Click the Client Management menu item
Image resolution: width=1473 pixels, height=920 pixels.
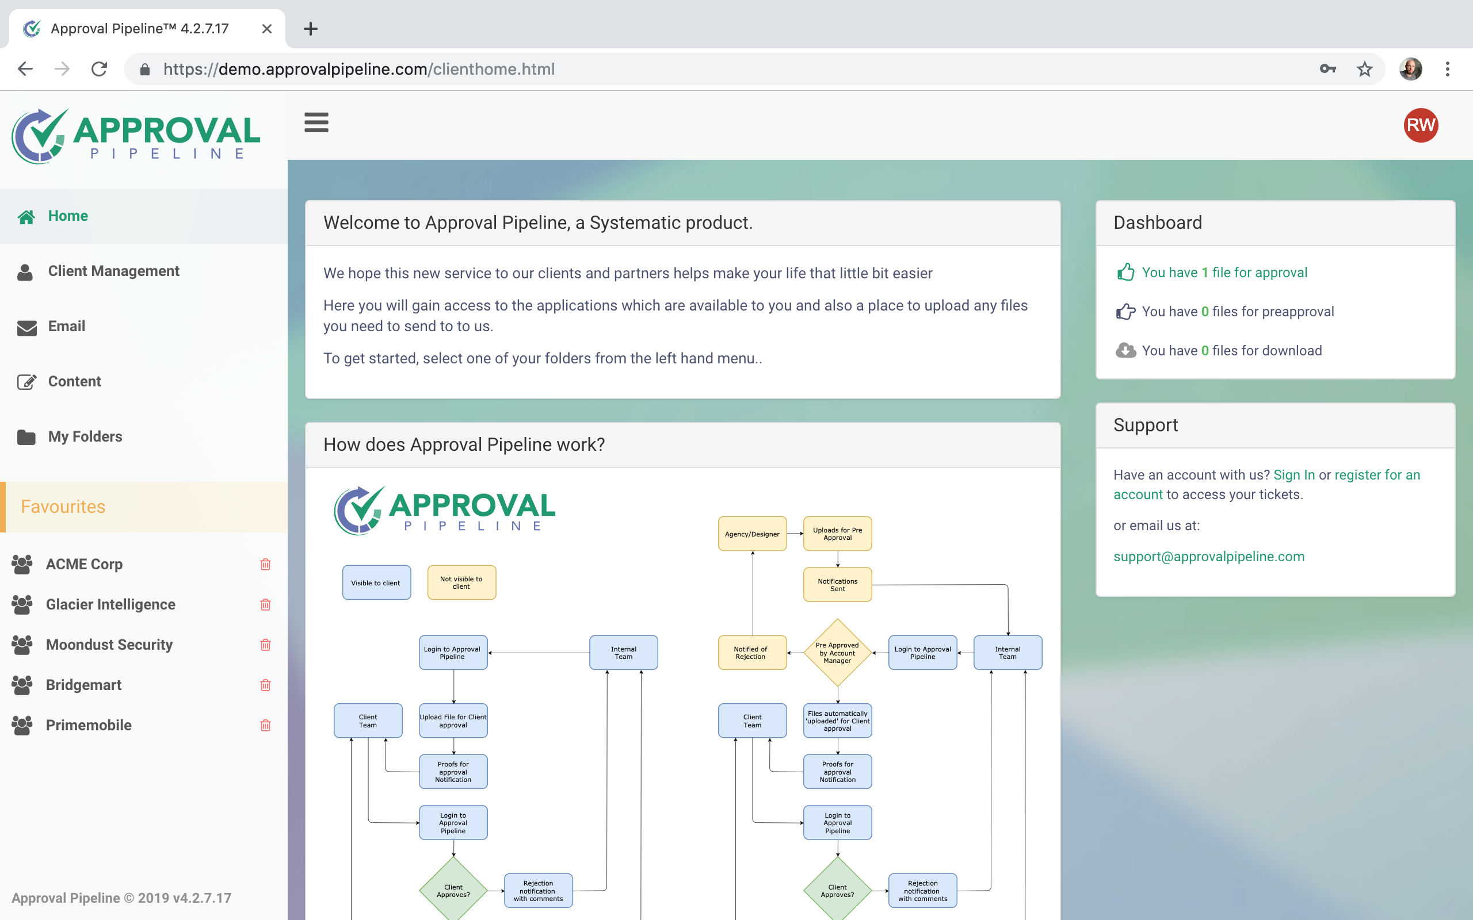113,271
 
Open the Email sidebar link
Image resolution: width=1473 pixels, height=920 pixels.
66,327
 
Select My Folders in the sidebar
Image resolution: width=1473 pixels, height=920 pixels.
85,437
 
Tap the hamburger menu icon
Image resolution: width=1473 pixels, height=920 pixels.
316,122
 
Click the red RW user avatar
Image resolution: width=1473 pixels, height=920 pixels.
1420,125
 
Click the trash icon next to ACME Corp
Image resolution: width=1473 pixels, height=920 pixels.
265,565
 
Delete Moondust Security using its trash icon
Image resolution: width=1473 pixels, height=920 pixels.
265,645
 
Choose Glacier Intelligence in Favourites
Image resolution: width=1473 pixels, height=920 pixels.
110,604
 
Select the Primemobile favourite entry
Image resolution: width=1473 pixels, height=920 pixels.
88,725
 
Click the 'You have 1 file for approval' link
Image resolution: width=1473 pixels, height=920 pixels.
1224,273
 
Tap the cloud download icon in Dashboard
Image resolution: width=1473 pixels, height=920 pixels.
1125,351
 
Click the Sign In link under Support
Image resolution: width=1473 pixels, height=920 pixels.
1293,474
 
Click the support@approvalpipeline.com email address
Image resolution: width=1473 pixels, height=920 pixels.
1208,557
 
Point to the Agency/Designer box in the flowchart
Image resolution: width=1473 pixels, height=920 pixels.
751,534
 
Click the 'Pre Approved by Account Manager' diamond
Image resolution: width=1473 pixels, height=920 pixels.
837,653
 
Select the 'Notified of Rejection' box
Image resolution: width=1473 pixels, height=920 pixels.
751,653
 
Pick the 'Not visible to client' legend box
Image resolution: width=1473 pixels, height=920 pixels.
461,583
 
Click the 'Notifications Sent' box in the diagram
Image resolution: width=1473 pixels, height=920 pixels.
837,585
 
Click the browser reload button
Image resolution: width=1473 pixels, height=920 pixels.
99,70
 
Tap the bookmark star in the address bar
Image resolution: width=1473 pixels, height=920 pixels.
1364,70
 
